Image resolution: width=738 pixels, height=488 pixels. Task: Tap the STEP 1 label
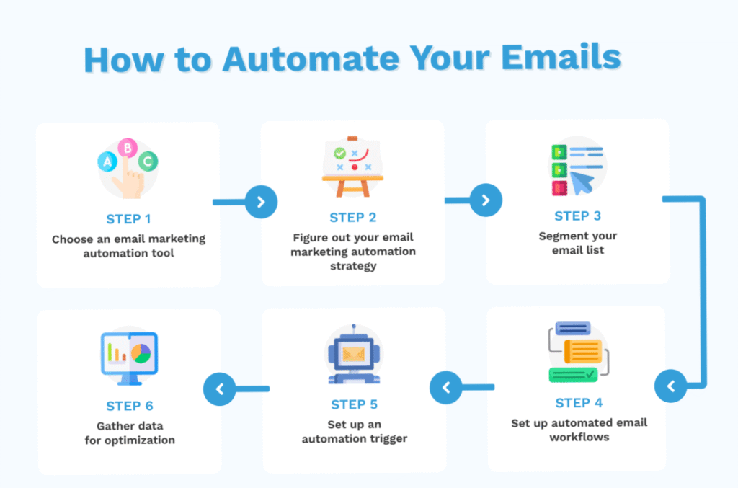coord(128,219)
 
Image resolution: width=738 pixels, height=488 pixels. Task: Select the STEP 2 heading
coord(353,218)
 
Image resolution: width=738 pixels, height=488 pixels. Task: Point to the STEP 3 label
coord(578,216)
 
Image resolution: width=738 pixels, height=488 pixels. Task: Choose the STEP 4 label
coord(579,403)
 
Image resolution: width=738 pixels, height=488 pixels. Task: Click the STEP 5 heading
coord(354,404)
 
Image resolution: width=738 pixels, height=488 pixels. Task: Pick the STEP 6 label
coord(130,406)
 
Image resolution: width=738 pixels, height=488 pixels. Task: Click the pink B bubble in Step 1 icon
coord(128,148)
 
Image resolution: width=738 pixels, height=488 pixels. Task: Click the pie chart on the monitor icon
coord(141,353)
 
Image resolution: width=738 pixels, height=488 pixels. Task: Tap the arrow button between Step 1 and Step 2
coord(261,203)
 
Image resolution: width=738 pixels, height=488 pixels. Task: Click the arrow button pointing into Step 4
coord(670,387)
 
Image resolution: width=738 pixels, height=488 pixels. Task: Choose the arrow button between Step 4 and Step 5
coord(445,389)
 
